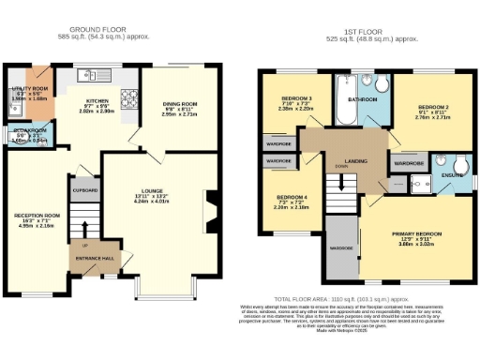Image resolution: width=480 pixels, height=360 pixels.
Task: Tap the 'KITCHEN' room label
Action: coord(100,99)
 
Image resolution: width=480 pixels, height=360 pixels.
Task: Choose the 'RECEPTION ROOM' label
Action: coord(37,215)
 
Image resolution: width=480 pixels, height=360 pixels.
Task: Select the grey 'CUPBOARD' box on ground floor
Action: coord(85,187)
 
